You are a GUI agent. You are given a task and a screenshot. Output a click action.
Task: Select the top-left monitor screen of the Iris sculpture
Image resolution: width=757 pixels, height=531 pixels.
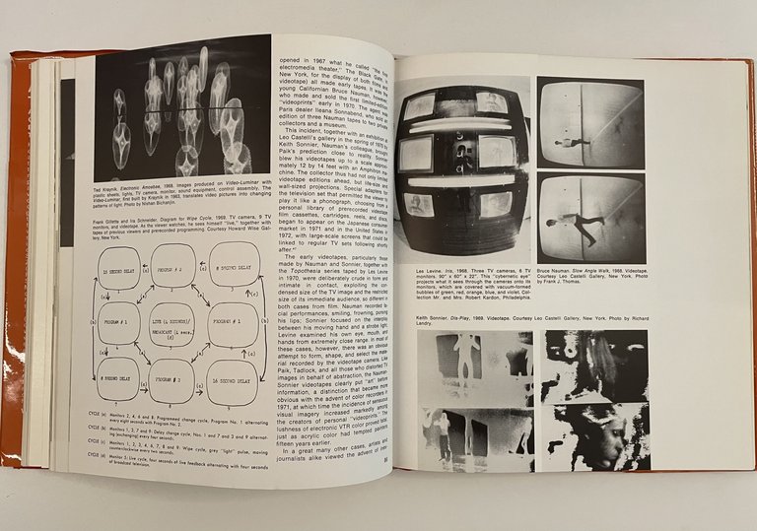pyautogui.click(x=419, y=107)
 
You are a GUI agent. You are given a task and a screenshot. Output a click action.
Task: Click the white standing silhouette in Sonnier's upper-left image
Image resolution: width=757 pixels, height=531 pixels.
pyautogui.click(x=467, y=359)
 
